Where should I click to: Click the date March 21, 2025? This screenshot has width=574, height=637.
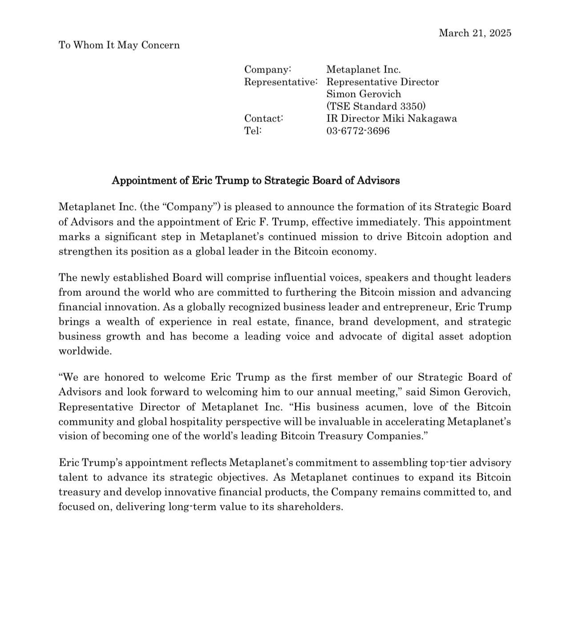click(x=475, y=33)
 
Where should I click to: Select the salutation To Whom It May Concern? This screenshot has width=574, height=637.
click(x=119, y=45)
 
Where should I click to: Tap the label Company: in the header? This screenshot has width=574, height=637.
click(x=268, y=70)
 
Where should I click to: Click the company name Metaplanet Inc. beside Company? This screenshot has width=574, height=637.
click(x=364, y=70)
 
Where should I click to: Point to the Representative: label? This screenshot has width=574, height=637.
click(x=281, y=82)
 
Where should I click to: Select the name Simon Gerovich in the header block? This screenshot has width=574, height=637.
click(x=364, y=94)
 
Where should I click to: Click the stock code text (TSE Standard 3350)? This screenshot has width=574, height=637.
click(x=376, y=106)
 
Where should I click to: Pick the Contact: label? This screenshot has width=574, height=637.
click(x=263, y=119)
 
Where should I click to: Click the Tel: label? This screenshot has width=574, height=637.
click(x=253, y=131)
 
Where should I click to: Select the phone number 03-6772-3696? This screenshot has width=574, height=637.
click(x=358, y=131)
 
